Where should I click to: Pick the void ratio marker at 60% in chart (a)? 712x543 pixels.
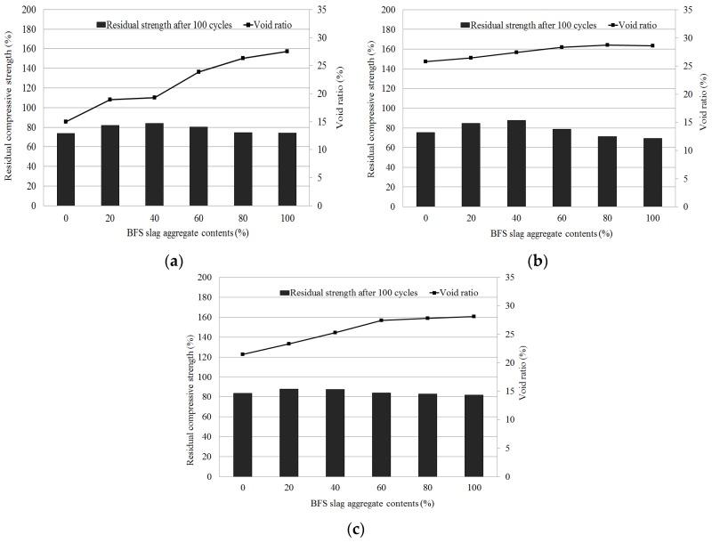tap(198, 71)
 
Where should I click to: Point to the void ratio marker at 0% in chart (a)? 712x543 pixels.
tap(66, 121)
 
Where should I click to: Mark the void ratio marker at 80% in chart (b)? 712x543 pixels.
tap(607, 45)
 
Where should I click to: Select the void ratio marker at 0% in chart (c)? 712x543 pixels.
tap(243, 354)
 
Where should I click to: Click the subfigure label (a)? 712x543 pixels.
tap(174, 261)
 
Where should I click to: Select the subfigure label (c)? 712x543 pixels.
tap(355, 529)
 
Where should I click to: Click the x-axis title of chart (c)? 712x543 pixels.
tap(372, 503)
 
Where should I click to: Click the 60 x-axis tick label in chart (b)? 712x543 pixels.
tap(561, 217)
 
